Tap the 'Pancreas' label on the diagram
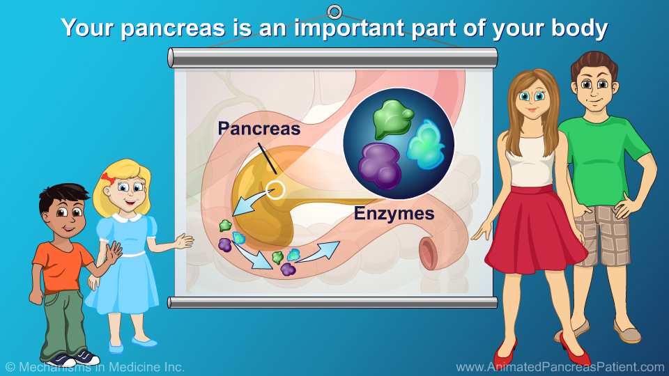tap(259, 128)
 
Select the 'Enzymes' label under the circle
tap(394, 214)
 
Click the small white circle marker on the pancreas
tap(276, 189)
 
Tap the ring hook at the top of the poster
tap(334, 12)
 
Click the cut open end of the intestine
tap(428, 253)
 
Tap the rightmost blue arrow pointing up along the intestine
tap(321, 251)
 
